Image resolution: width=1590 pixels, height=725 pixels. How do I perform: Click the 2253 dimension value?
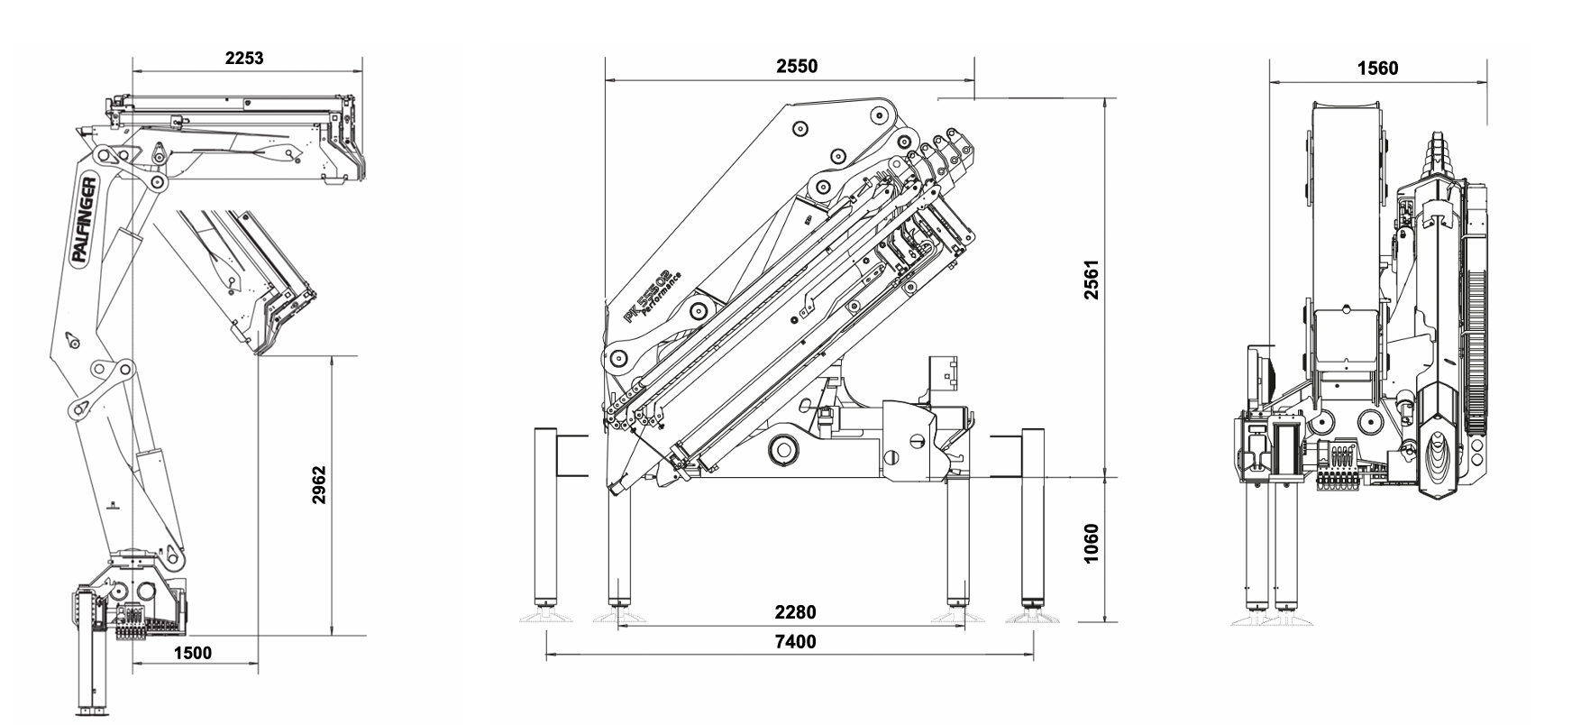coord(244,59)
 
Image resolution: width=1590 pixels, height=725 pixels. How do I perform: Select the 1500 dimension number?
coord(192,653)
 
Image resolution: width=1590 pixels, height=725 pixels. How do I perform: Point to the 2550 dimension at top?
coord(797,67)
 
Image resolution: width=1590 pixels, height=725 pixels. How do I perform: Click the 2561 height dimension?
coord(1092,280)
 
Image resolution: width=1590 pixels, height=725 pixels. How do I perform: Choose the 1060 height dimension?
coord(1092,544)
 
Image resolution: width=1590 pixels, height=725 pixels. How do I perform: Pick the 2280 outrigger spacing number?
coord(795,612)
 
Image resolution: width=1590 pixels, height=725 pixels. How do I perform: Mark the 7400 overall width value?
coord(795,641)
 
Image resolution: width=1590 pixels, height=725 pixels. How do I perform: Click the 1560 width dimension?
coord(1377,69)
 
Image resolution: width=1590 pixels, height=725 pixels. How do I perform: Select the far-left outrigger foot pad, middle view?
coord(545,616)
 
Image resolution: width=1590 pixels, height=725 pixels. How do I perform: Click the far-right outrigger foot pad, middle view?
coord(1033,616)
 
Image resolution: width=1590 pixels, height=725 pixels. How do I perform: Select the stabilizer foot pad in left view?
coord(93,714)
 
